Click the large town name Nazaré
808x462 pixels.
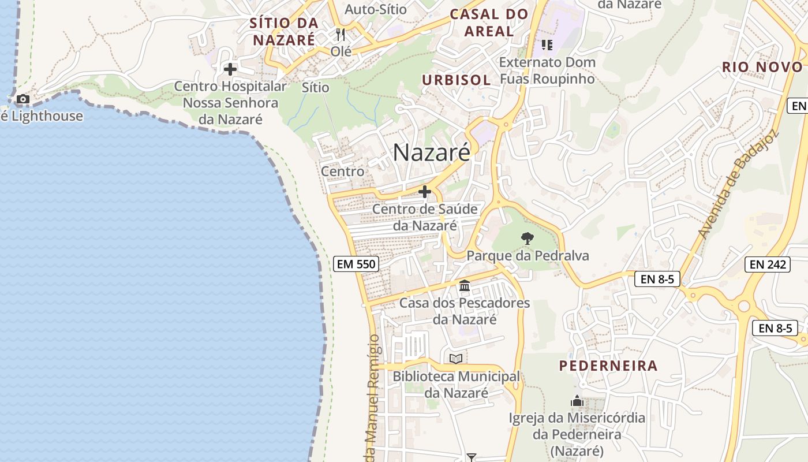[x=432, y=152]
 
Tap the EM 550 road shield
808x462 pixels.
[x=356, y=264]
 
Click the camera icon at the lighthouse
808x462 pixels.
[x=23, y=99]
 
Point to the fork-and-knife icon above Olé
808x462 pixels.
[x=341, y=35]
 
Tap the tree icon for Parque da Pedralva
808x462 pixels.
[x=527, y=238]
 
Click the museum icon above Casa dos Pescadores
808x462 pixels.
[x=465, y=286]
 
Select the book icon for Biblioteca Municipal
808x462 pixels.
[x=456, y=359]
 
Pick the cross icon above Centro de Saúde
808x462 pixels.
[x=425, y=192]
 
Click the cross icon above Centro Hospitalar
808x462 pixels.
[x=230, y=69]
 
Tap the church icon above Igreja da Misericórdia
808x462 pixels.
[x=577, y=401]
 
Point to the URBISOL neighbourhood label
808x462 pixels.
[x=456, y=80]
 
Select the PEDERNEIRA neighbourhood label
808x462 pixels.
[x=608, y=366]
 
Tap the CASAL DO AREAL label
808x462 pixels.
[x=489, y=23]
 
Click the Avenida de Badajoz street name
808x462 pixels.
[x=738, y=184]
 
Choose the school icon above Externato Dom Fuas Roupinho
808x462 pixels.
[x=547, y=44]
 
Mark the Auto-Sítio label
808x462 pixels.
[x=376, y=9]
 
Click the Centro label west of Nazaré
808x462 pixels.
[x=343, y=172]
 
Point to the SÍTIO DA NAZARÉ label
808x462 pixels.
[x=284, y=31]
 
